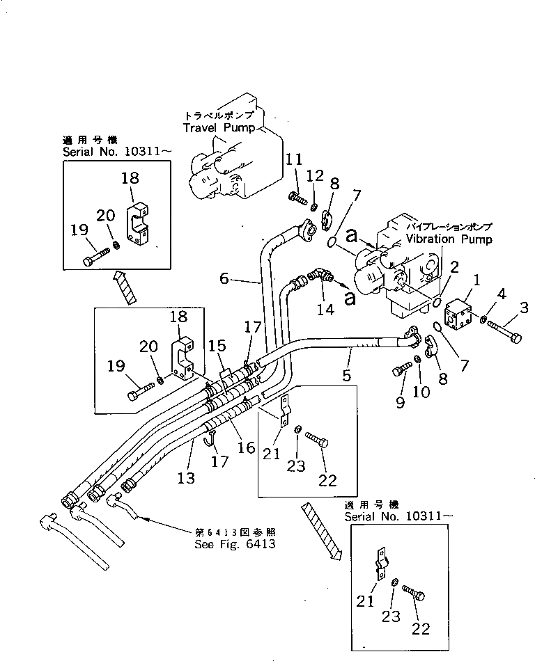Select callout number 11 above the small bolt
pyautogui.click(x=294, y=161)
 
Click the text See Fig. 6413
pyautogui.click(x=235, y=543)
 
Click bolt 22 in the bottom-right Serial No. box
pyautogui.click(x=417, y=596)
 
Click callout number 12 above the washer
pyautogui.click(x=315, y=174)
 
